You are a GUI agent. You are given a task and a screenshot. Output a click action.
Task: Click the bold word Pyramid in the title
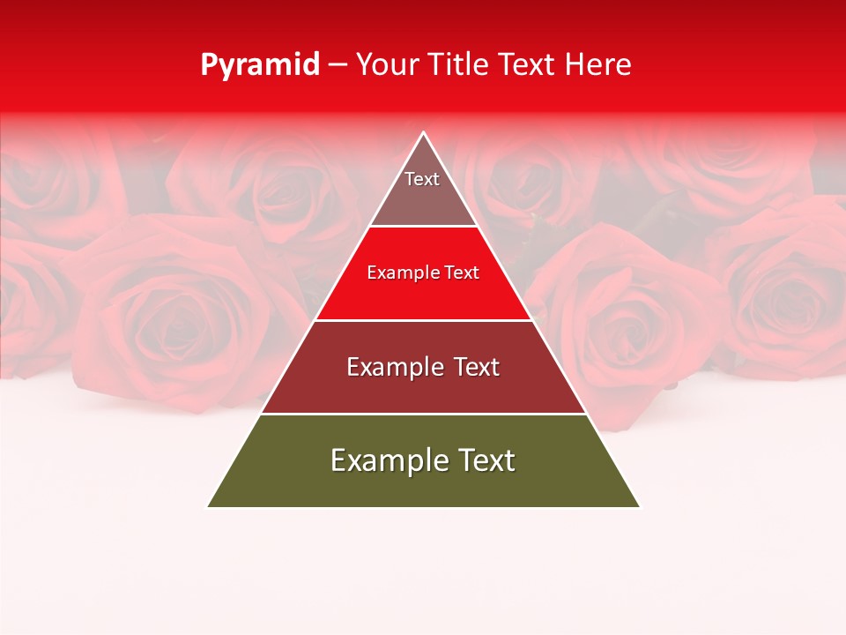point(260,65)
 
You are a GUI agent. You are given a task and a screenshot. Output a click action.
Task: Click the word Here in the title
point(598,64)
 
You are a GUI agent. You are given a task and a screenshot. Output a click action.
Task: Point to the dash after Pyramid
point(338,65)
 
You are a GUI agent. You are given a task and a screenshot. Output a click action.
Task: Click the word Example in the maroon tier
point(394,367)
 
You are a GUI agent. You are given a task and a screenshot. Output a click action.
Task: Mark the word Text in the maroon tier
point(475,367)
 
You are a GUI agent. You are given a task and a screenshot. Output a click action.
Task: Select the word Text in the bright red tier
point(462,273)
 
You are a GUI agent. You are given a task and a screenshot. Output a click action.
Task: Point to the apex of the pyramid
point(424,134)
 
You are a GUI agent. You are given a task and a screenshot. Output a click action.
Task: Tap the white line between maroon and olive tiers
point(423,414)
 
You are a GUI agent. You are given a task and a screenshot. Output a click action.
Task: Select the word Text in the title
point(527,64)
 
